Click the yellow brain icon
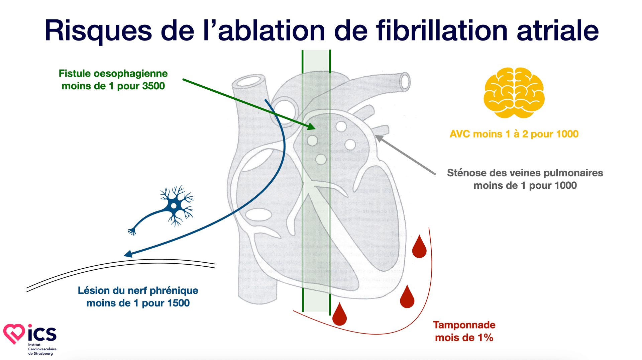click(514, 93)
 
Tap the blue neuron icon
click(174, 206)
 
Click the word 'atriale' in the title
click(557, 31)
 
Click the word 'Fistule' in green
click(75, 73)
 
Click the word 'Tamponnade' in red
click(464, 325)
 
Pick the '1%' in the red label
click(485, 338)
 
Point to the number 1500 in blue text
click(178, 303)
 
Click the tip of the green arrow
click(314, 129)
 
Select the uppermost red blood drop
click(419, 248)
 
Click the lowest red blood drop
click(339, 316)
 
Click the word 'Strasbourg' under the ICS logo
click(43, 353)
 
